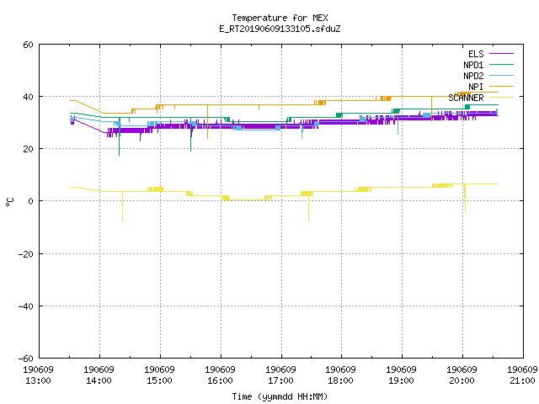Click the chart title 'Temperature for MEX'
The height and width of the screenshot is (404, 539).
point(280,18)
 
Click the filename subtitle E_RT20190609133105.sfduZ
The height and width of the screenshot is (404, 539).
point(280,29)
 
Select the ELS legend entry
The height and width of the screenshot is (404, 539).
point(491,54)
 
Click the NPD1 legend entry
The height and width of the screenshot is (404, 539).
point(488,65)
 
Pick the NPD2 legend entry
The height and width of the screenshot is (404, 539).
point(488,76)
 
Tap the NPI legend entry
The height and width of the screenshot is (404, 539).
point(491,87)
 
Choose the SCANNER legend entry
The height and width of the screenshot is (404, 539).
point(481,98)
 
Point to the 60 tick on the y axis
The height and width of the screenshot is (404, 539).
point(28,45)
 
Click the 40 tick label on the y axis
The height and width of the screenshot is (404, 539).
point(28,97)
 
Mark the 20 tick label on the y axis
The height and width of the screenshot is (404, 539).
point(28,149)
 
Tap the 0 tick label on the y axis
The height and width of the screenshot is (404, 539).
point(30,201)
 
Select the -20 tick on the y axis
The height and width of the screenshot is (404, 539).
point(26,254)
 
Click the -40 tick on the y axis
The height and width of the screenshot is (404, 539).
point(26,306)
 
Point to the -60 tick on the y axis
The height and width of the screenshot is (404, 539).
point(26,359)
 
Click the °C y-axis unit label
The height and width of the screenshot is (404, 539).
point(9,202)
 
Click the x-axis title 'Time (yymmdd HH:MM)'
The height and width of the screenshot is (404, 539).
point(280,396)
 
